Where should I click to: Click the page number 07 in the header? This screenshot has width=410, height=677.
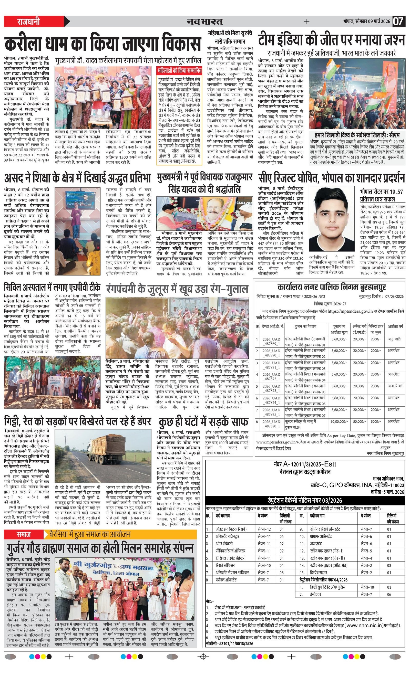click(x=398, y=21)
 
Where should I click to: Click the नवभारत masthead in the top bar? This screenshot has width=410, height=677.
click(x=204, y=21)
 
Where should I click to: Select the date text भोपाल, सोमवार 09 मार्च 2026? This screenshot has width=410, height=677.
click(x=366, y=22)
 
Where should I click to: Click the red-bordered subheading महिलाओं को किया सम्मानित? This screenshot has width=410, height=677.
click(x=179, y=71)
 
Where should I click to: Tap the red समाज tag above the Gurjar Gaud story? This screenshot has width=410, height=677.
click(x=24, y=534)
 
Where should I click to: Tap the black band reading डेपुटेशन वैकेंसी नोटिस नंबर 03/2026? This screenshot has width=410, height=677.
click(x=305, y=500)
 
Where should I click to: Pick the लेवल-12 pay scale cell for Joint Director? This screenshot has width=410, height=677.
click(x=264, y=529)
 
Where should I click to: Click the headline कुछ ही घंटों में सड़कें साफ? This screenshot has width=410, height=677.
click(x=203, y=422)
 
